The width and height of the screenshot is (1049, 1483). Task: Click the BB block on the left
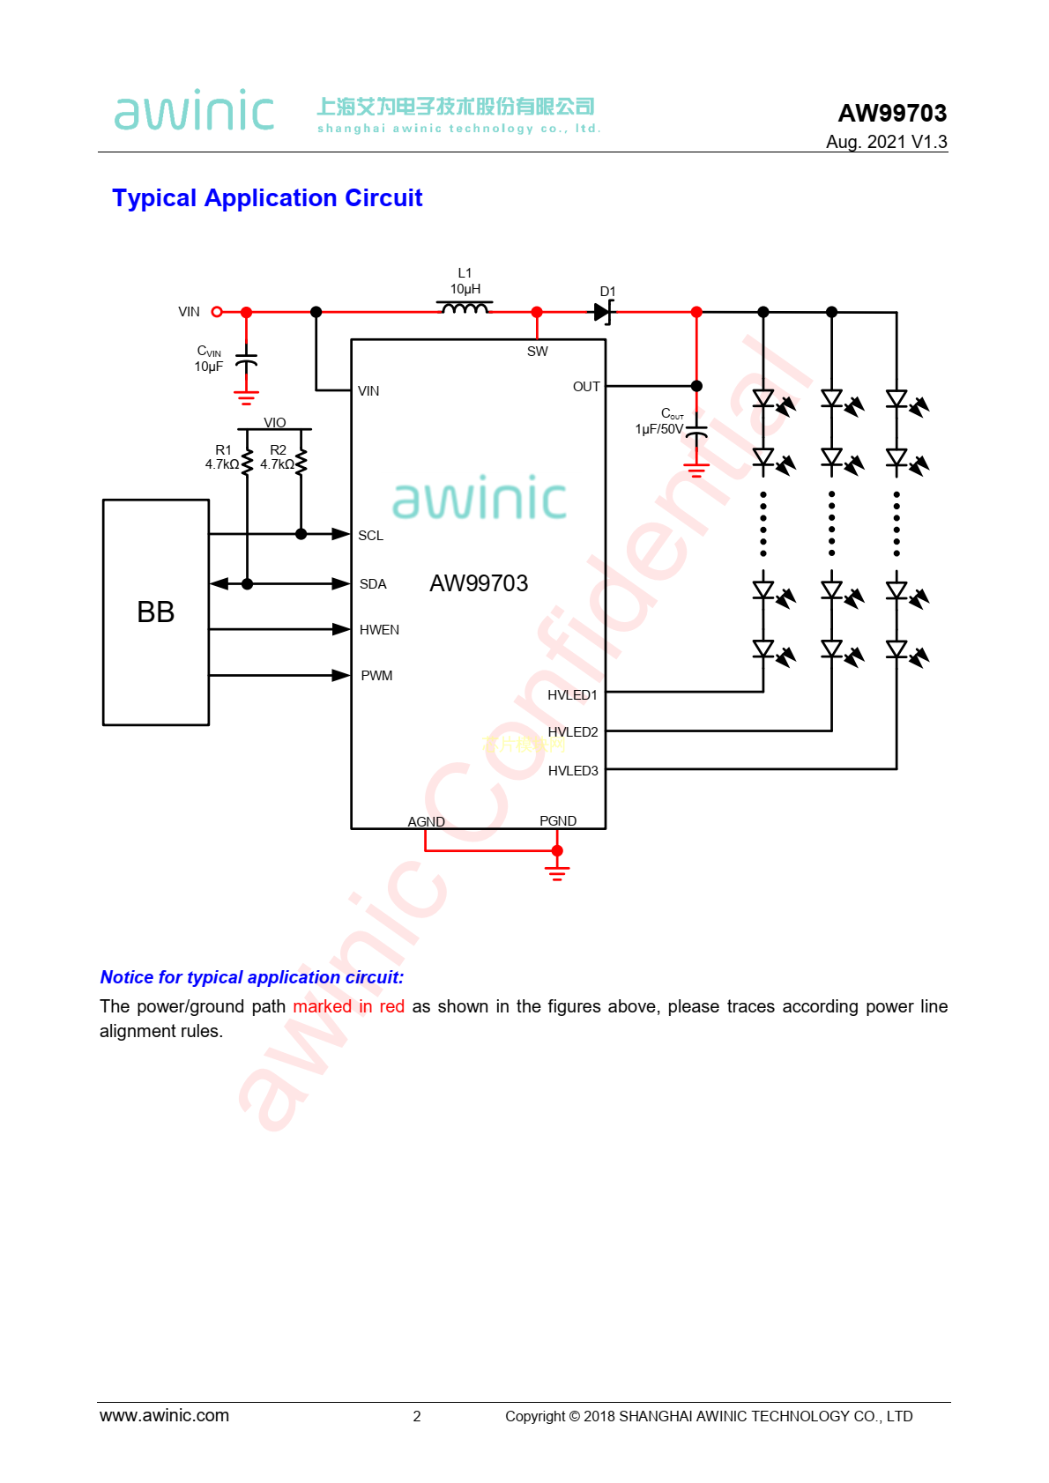point(156,612)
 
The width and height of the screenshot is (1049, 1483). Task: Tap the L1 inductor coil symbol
point(465,308)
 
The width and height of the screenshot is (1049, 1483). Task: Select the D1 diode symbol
point(602,312)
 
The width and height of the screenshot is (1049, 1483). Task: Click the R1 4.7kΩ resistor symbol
point(247,461)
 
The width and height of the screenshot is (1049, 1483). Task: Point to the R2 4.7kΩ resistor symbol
point(301,461)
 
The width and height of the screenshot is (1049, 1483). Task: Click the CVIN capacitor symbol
point(247,361)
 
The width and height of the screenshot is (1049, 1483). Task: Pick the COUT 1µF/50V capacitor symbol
point(696,432)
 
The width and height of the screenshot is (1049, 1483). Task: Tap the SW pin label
point(537,352)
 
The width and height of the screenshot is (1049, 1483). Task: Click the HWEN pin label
point(379,630)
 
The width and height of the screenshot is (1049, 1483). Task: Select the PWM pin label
point(376,676)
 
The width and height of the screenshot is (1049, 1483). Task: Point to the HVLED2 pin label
point(573,732)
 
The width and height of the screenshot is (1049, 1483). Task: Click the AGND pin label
point(426,821)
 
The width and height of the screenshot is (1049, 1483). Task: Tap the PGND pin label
point(558,821)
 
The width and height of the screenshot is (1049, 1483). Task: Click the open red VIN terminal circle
point(217,312)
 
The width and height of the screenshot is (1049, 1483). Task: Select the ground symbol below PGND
point(557,872)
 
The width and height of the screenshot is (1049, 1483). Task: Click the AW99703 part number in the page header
point(892,114)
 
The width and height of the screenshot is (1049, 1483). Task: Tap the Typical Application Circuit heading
point(267,198)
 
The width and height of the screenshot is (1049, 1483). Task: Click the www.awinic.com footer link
point(164,1415)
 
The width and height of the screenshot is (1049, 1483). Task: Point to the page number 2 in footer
point(417,1416)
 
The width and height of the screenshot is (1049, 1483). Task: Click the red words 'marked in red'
point(348,1006)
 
